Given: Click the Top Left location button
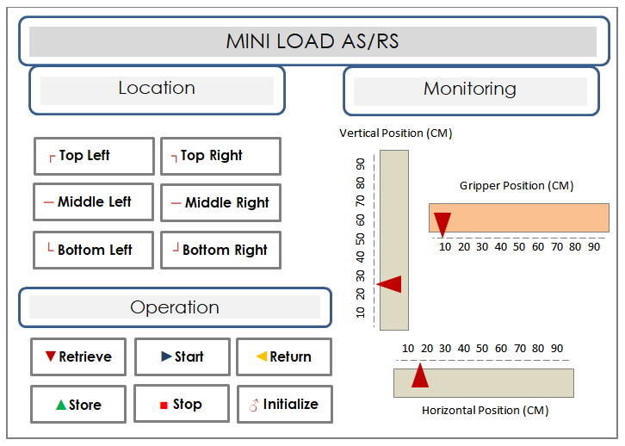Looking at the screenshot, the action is (94, 156).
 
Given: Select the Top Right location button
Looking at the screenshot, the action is (221, 156).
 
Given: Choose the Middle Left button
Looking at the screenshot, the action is (93, 202).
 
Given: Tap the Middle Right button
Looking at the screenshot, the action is (221, 203).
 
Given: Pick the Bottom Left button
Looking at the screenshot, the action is (93, 251).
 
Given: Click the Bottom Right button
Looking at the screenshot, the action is (221, 251).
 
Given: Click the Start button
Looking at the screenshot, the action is (183, 356).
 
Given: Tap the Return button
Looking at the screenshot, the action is (284, 356).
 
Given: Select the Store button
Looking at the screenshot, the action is (78, 404).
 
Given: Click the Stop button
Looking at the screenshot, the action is (182, 403).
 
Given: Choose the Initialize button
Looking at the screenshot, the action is (285, 404).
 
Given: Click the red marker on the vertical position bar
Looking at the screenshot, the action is (389, 284).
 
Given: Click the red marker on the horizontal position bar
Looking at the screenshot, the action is (420, 375).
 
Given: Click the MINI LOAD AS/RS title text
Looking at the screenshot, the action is (312, 41).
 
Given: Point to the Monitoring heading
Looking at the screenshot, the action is (470, 90).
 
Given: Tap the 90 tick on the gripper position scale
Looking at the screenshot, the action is (594, 247).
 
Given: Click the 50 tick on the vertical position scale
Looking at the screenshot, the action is (361, 239).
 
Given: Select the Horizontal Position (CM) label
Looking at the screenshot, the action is (485, 411).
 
